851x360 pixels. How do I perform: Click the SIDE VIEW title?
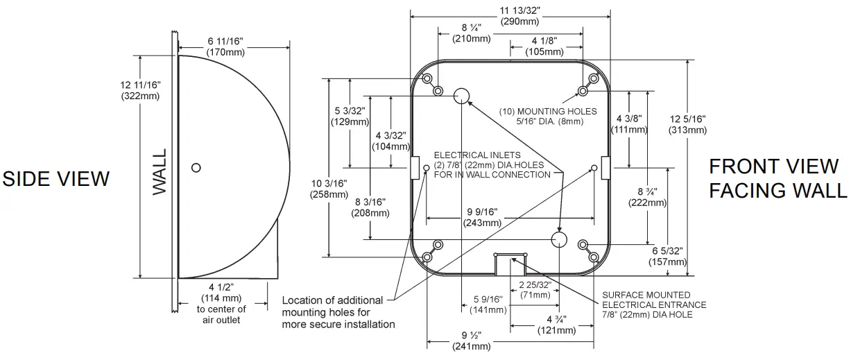pos(55,178)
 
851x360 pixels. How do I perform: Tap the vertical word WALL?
pos(160,171)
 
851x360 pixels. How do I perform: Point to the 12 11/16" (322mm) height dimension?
pos(140,90)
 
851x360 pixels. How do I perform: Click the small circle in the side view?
pos(196,167)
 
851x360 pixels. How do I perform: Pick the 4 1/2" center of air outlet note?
pos(222,304)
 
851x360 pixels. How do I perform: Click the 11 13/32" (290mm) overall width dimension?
pos(510,15)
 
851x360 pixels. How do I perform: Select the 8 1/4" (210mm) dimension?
pos(472,33)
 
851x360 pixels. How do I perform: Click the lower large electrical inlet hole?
pos(559,239)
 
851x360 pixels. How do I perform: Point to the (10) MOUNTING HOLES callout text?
pos(547,116)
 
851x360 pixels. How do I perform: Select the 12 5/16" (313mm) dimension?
pos(687,125)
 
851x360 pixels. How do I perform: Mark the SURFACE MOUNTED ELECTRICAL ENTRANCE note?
pos(654,305)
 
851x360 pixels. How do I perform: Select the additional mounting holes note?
pos(338,312)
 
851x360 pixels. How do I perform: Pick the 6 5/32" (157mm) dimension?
pos(667,257)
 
